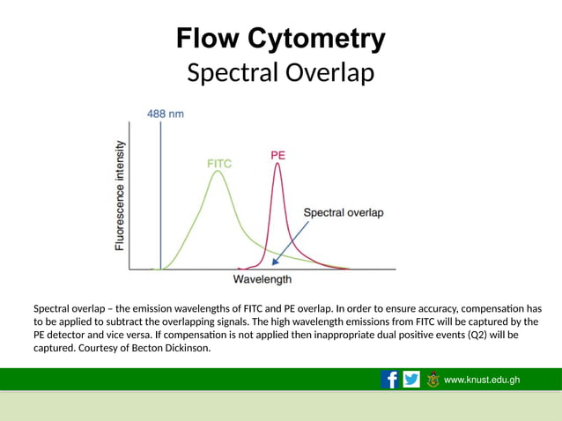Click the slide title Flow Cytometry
point(280,39)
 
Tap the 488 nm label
point(165,113)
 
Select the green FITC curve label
point(220,163)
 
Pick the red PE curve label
point(277,155)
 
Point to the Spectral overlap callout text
point(343,212)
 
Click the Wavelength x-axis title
point(262,280)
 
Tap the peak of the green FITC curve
point(217,172)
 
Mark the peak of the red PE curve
point(277,165)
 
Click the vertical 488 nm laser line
point(160,194)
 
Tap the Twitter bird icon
point(411,380)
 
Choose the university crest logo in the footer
point(433,380)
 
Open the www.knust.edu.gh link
point(482,380)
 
